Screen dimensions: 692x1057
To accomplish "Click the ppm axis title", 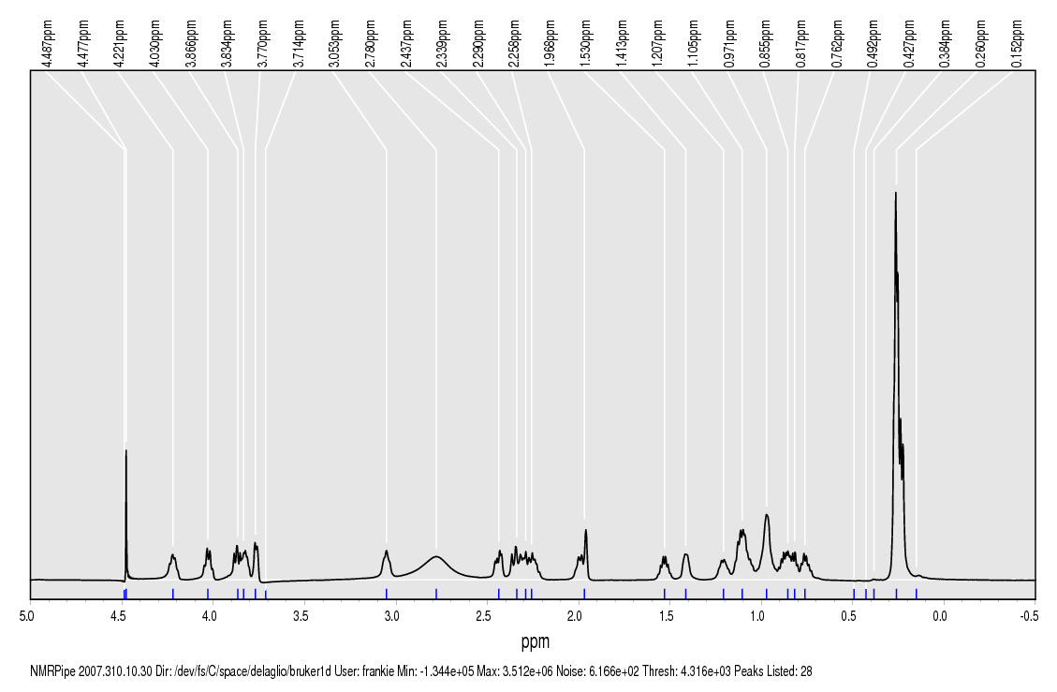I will click(x=535, y=642).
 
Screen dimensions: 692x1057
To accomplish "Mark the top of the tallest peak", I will click(x=896, y=193).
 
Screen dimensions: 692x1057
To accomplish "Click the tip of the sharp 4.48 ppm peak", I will click(x=126, y=450).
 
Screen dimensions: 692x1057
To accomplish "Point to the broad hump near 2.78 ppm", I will click(x=436, y=557).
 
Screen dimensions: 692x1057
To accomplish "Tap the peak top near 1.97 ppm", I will click(x=586, y=530).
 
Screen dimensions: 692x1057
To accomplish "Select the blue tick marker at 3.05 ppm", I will click(x=387, y=593).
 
